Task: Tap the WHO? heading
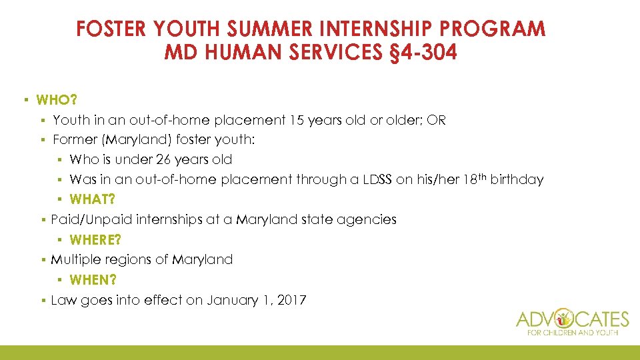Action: click(57, 100)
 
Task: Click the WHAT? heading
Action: click(93, 199)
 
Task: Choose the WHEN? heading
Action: click(93, 280)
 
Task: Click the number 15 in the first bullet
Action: click(297, 120)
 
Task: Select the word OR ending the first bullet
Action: click(437, 120)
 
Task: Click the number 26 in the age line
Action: click(164, 160)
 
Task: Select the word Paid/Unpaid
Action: click(87, 219)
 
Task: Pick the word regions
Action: click(126, 259)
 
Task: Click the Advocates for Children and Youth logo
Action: click(573, 322)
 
